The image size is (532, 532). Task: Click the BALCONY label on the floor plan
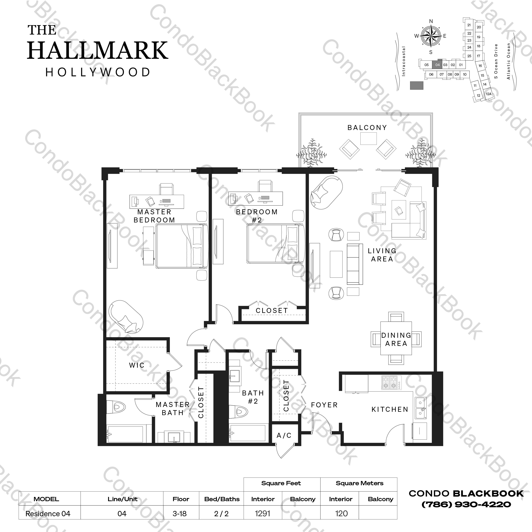[x=367, y=128]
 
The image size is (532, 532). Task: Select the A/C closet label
[x=284, y=435]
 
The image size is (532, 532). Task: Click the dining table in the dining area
[x=396, y=339]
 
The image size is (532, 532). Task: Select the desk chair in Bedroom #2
[x=265, y=186]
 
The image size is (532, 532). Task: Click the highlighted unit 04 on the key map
[x=437, y=64]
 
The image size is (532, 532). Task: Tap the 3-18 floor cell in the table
[x=180, y=514]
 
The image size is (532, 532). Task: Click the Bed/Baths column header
[x=222, y=499]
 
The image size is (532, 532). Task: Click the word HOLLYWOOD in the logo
[x=98, y=72]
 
